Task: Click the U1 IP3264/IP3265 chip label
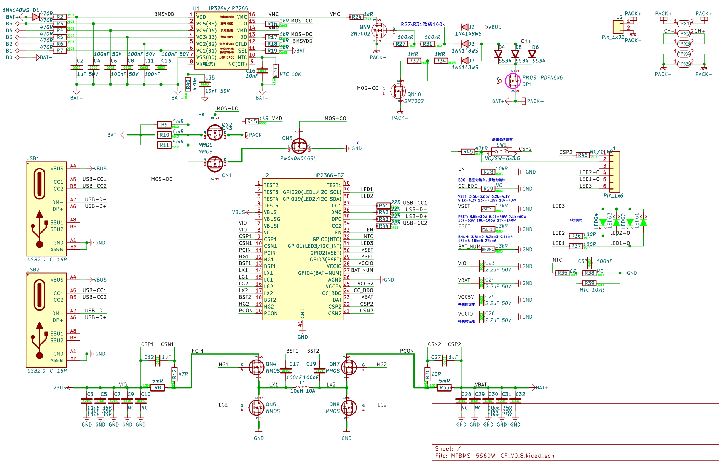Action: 221,8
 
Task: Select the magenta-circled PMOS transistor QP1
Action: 513,81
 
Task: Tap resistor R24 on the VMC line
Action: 356,17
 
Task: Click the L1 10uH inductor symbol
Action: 302,387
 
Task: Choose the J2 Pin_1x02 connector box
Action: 618,27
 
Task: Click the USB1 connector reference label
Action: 33,158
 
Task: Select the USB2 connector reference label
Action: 33,269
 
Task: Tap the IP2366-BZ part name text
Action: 329,175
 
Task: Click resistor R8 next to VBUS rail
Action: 158,387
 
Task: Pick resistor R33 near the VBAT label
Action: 444,387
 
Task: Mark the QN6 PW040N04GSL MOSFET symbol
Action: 299,147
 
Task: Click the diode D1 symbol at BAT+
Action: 36,17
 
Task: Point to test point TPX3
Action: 684,44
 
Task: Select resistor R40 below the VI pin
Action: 188,84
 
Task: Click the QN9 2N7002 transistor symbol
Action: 379,29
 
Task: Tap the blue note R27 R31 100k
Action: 422,24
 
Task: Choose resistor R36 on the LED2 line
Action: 576,236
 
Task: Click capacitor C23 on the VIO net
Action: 481,266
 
